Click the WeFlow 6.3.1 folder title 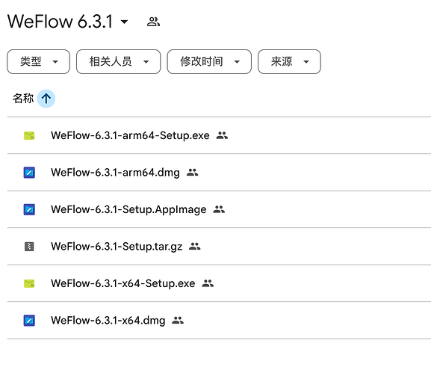tap(60, 22)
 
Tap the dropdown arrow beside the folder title tap(125, 22)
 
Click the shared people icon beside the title tap(153, 22)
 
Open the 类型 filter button tap(39, 61)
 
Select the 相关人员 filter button tap(119, 61)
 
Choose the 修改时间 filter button tap(209, 61)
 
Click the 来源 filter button tap(289, 61)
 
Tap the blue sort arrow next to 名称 tap(46, 99)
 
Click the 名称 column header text tap(23, 99)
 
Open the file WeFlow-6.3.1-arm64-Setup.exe tap(130, 135)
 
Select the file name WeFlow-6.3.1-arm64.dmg tap(115, 173)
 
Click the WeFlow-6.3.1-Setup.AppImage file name tap(128, 209)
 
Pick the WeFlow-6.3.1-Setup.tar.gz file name tap(117, 247)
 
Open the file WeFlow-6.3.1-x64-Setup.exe tap(123, 283)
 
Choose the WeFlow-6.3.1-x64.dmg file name tap(108, 321)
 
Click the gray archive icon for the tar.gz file tap(29, 247)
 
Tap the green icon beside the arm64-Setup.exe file tap(29, 135)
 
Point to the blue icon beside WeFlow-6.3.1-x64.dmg tap(29, 321)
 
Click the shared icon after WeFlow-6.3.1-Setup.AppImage tap(219, 209)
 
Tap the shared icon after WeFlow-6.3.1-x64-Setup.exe tap(208, 283)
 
